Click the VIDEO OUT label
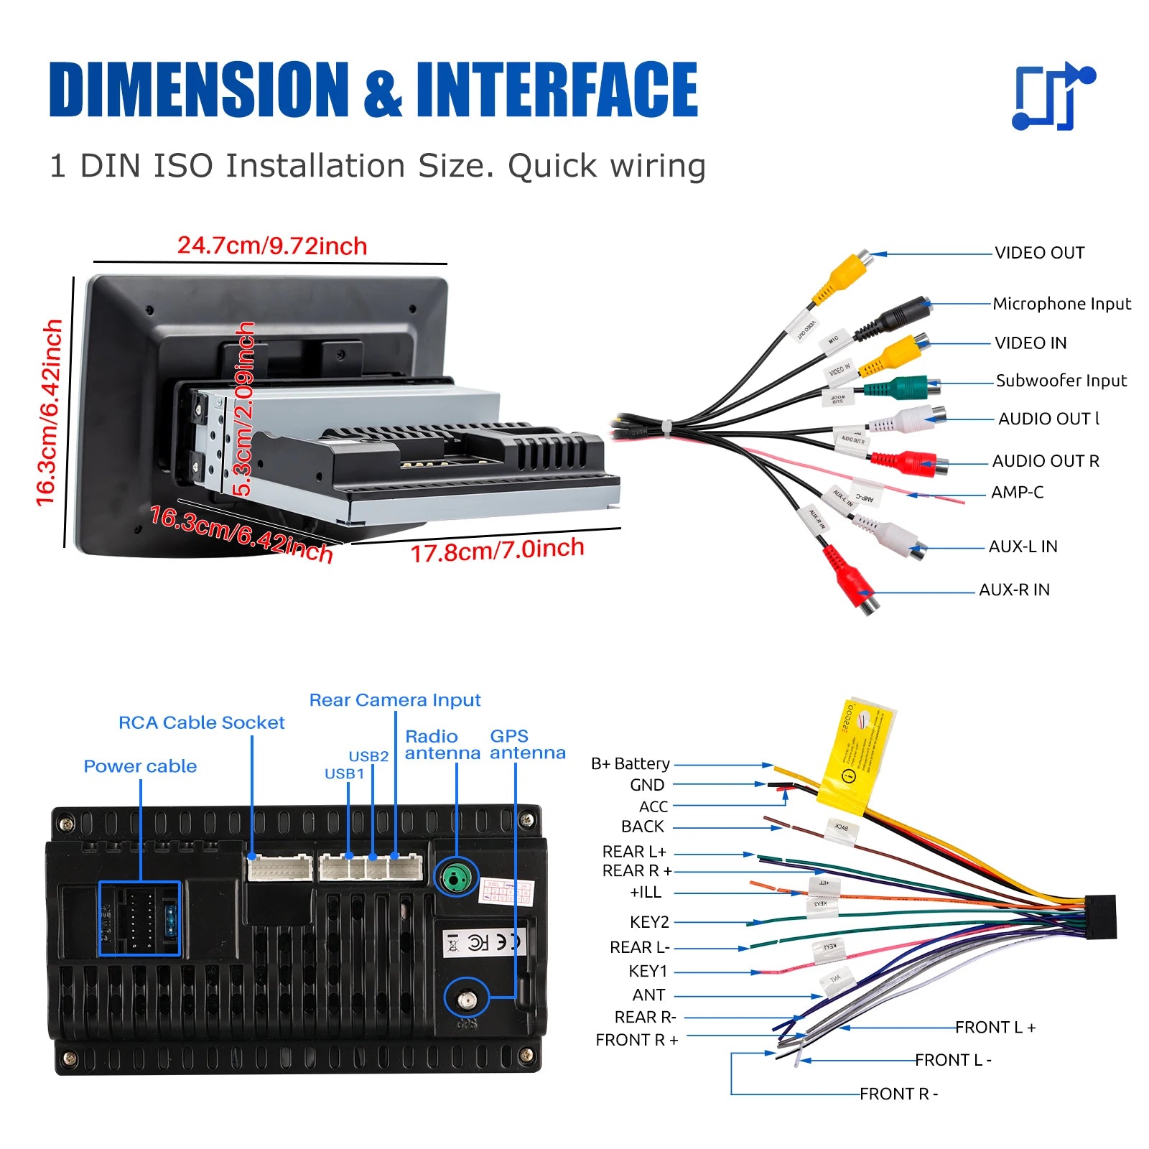click(x=1039, y=253)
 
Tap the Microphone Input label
click(x=1061, y=304)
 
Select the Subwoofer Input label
click(x=1061, y=381)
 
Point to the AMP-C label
click(x=1017, y=493)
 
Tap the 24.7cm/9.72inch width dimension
click(x=272, y=246)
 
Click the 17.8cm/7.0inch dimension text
click(x=497, y=550)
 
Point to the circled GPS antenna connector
click(x=467, y=997)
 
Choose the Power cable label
click(x=140, y=766)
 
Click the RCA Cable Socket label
click(x=201, y=722)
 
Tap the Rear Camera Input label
click(x=394, y=700)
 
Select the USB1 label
click(x=344, y=773)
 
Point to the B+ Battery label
click(x=630, y=763)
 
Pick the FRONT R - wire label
click(x=898, y=1094)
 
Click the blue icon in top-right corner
click(x=1052, y=96)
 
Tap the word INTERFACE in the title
click(x=557, y=89)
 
